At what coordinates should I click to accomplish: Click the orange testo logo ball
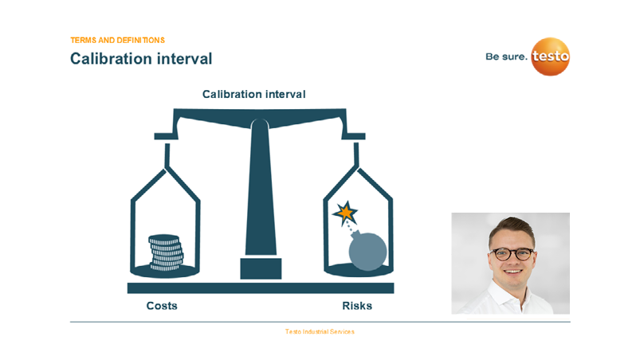[x=550, y=57]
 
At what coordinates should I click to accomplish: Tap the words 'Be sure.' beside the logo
[x=506, y=57]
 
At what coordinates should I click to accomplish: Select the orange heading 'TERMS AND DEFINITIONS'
[x=117, y=41]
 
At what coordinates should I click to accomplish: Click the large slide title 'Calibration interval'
[x=141, y=59]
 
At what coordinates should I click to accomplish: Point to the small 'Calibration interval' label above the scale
[x=254, y=94]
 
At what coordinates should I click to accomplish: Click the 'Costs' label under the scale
[x=162, y=306]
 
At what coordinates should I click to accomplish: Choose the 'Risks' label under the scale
[x=357, y=306]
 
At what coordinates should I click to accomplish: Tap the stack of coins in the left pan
[x=166, y=252]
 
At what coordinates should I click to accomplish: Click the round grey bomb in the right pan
[x=367, y=251]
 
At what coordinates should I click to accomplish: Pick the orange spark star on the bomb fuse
[x=346, y=213]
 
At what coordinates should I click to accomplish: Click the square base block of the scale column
[x=261, y=268]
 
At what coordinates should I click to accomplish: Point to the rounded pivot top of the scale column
[x=260, y=123]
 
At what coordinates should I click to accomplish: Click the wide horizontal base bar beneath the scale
[x=261, y=288]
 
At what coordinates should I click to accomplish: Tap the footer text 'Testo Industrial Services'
[x=320, y=332]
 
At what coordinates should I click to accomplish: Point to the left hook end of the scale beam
[x=166, y=136]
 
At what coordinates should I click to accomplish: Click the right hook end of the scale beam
[x=353, y=136]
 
